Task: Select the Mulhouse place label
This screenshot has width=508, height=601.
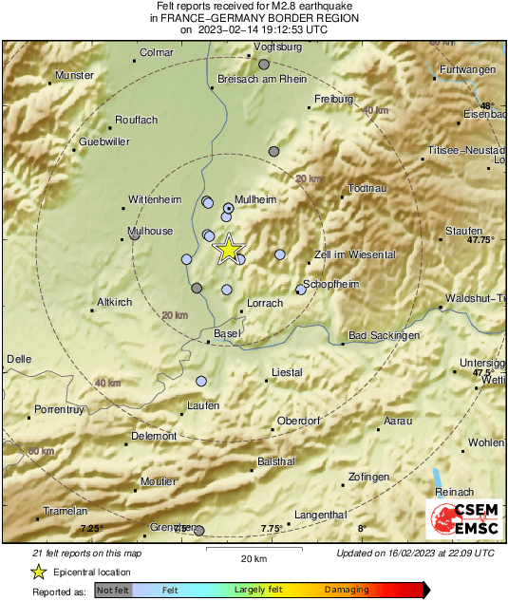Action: point(150,231)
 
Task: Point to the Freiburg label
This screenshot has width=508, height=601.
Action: point(333,99)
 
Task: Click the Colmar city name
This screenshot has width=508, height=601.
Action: point(156,53)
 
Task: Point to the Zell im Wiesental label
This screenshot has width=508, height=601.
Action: point(355,255)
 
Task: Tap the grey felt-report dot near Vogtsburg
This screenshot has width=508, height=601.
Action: point(264,64)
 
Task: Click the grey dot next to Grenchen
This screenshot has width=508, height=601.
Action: point(198,530)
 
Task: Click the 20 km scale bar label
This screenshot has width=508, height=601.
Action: point(252,557)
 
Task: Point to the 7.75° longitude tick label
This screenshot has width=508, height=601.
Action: point(272,528)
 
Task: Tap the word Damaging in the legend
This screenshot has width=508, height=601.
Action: point(347,590)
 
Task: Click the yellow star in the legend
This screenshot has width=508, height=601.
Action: point(38,572)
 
